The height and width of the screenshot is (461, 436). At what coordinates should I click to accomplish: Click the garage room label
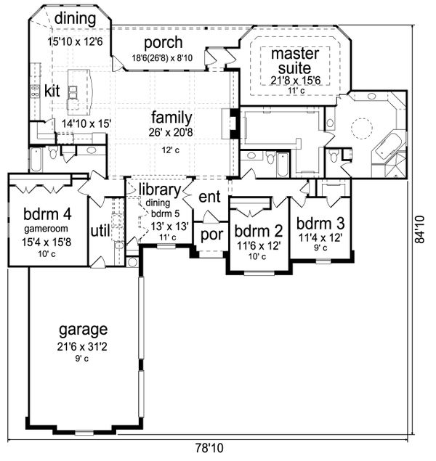pyautogui.click(x=84, y=329)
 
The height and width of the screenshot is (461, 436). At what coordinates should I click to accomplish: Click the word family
pyautogui.click(x=171, y=117)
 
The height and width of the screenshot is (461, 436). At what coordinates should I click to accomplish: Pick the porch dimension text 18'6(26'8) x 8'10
pyautogui.click(x=163, y=58)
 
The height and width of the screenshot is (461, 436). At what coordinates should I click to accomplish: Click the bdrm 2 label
pyautogui.click(x=257, y=232)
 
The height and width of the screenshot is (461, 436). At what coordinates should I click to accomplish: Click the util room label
pyautogui.click(x=99, y=230)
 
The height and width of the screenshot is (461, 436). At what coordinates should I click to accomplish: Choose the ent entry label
pyautogui.click(x=209, y=196)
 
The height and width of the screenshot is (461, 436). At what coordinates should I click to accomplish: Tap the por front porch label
pyautogui.click(x=212, y=234)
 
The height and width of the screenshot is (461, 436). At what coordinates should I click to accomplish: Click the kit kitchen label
pyautogui.click(x=51, y=91)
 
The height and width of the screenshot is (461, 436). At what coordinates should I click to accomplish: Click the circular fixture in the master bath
pyautogui.click(x=361, y=128)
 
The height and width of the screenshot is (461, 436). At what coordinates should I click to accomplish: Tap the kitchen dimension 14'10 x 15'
pyautogui.click(x=86, y=124)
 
